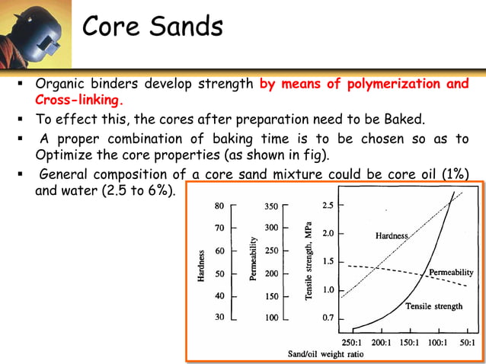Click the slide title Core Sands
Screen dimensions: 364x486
point(152,27)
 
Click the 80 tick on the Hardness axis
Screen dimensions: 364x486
point(219,206)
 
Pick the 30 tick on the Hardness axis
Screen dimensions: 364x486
point(219,318)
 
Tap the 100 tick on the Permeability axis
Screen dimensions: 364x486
point(271,318)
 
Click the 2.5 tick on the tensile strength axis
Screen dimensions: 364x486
point(327,206)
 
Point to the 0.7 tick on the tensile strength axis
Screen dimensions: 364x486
point(327,318)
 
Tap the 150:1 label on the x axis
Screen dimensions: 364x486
point(409,342)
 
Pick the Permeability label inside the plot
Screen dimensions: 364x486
point(451,272)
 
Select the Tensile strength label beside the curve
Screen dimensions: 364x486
point(433,306)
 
